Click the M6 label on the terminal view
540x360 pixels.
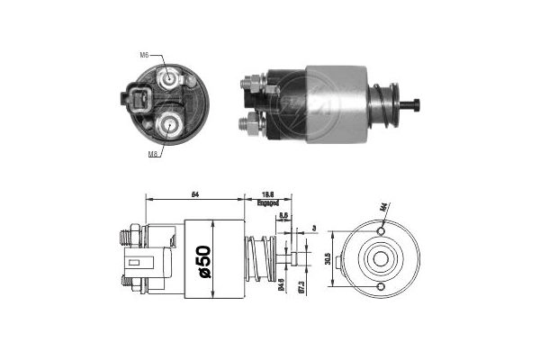point(144,56)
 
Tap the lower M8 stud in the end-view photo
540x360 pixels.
point(170,124)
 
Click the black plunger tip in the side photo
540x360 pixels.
point(417,103)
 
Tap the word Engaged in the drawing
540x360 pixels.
point(268,203)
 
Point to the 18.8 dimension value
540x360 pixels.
point(268,193)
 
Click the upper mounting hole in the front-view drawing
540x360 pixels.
point(382,231)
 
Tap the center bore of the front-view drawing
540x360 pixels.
point(382,259)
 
